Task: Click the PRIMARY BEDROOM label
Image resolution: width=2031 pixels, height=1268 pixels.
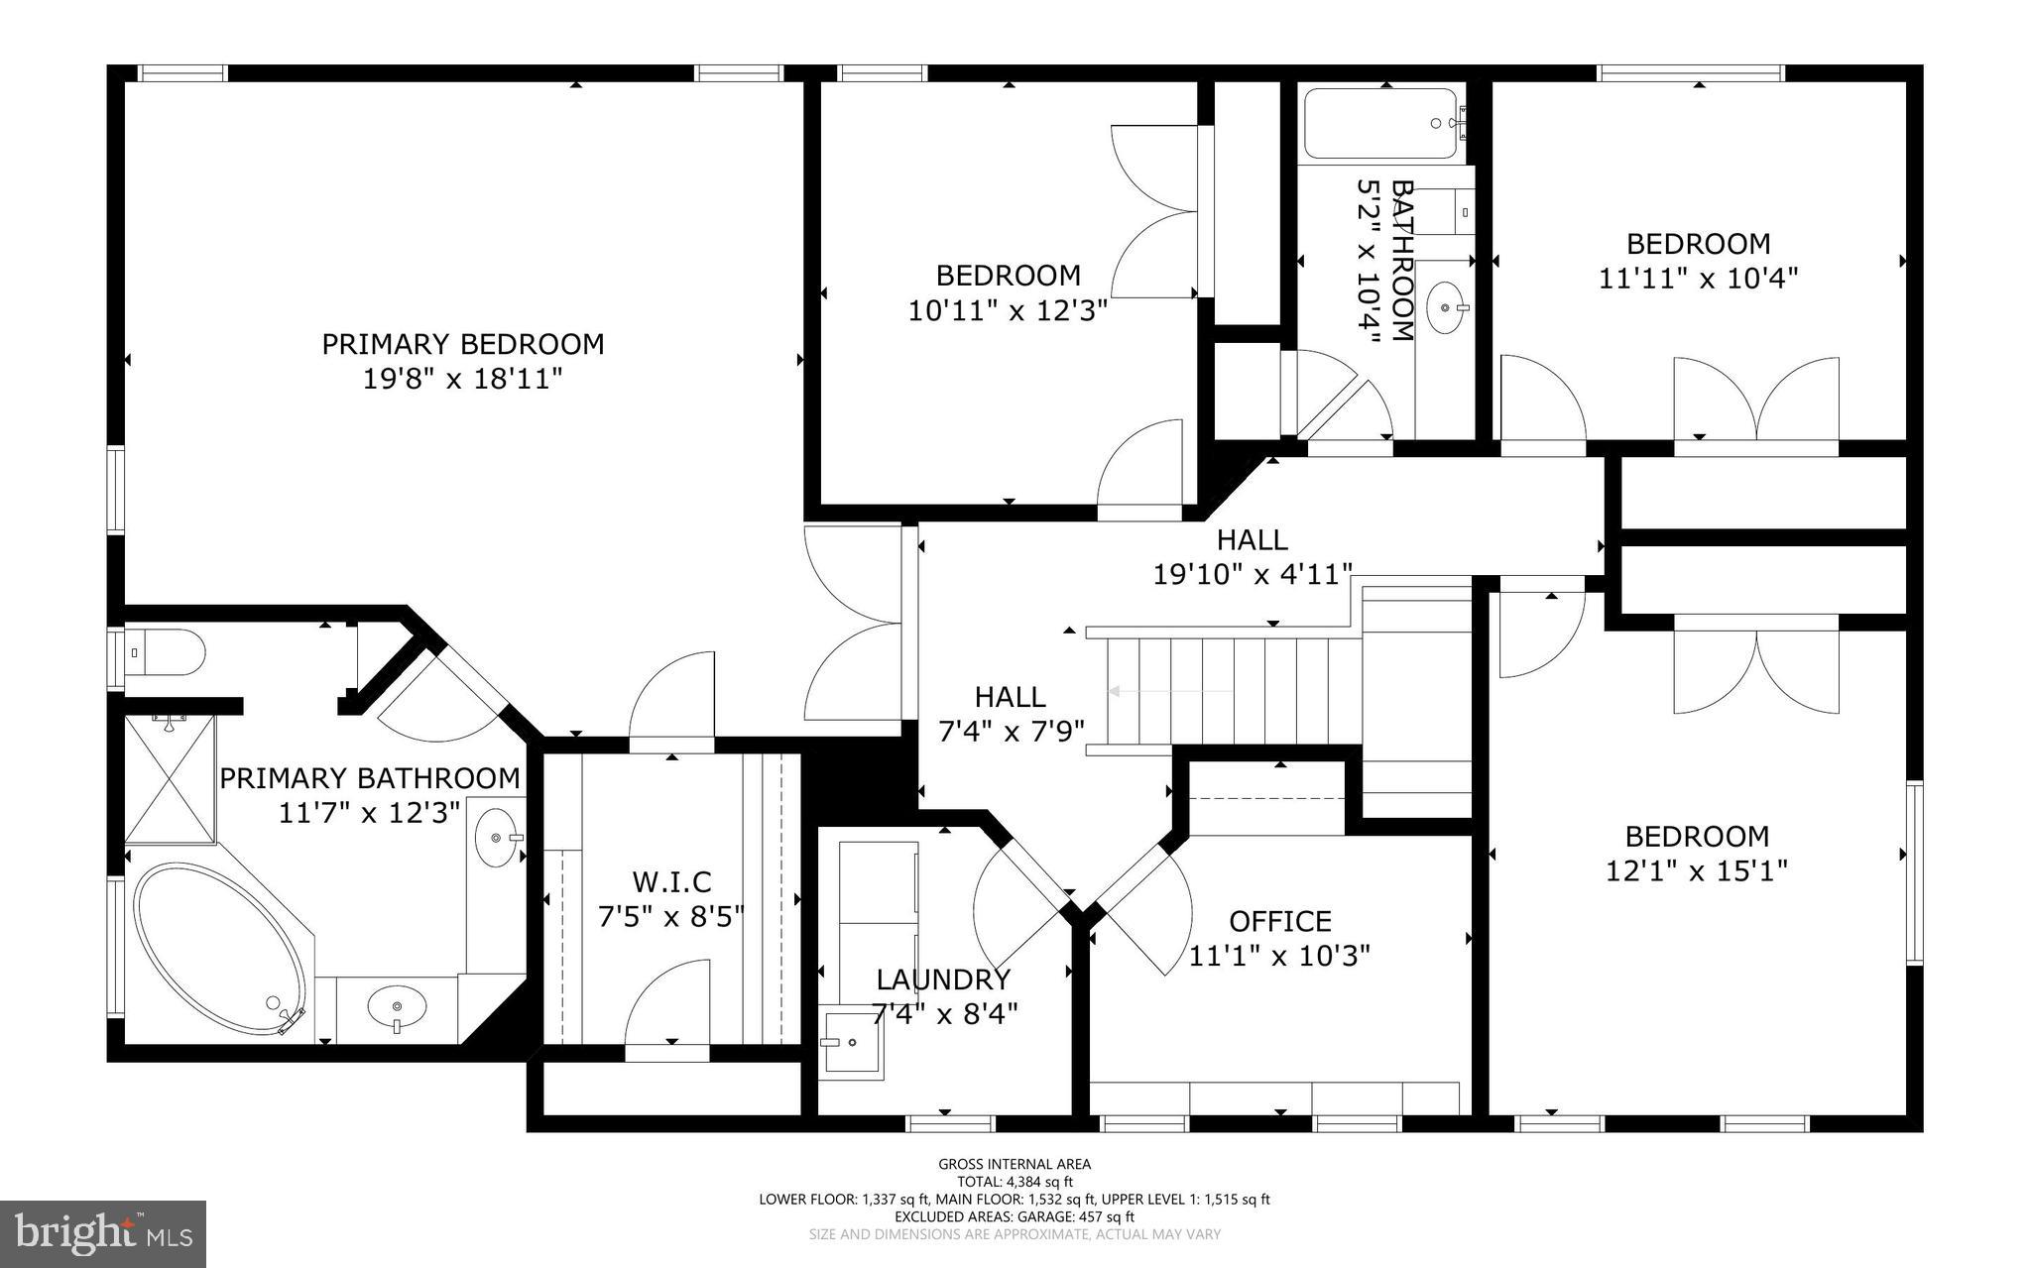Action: point(462,344)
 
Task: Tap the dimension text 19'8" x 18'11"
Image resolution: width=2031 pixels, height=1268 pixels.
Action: point(462,379)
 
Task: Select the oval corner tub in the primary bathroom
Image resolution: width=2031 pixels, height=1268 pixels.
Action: point(220,949)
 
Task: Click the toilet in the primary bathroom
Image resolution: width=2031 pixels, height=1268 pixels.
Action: point(167,652)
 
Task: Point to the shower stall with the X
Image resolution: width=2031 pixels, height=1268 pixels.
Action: point(170,779)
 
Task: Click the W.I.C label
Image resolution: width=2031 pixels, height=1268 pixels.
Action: point(671,880)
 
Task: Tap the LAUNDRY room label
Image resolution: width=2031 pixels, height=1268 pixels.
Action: point(943,980)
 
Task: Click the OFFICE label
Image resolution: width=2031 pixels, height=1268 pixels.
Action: point(1279,921)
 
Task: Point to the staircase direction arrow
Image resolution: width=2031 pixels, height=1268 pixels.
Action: point(1170,691)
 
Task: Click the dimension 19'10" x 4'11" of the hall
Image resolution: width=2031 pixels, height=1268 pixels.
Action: point(1253,574)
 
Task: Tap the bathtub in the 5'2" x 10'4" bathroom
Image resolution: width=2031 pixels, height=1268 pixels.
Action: point(1380,123)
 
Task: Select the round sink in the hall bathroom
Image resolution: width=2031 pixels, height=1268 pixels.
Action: point(1447,307)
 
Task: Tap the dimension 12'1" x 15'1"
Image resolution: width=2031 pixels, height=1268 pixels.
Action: point(1696,870)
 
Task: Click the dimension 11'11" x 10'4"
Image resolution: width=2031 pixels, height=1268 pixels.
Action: point(1698,278)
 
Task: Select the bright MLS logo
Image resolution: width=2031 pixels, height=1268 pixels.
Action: point(103,1233)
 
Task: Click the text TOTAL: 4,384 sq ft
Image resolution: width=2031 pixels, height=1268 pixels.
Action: point(1015,1182)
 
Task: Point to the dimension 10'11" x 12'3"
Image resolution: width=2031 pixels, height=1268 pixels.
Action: point(1008,310)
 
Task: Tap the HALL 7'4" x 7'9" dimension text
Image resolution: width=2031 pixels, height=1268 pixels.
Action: point(1011,732)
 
